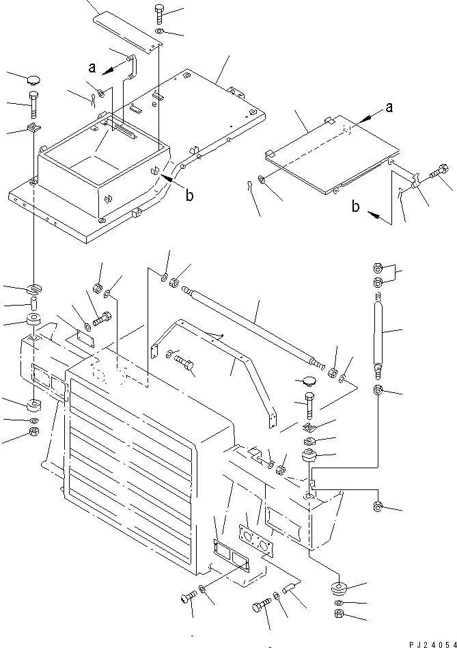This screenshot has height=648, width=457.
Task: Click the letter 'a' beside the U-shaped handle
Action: click(91, 67)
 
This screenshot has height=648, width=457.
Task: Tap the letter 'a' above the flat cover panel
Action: click(389, 107)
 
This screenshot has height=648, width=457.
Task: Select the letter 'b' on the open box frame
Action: click(189, 195)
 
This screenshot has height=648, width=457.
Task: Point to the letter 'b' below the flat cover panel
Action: click(356, 207)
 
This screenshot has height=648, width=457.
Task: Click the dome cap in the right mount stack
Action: click(305, 381)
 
